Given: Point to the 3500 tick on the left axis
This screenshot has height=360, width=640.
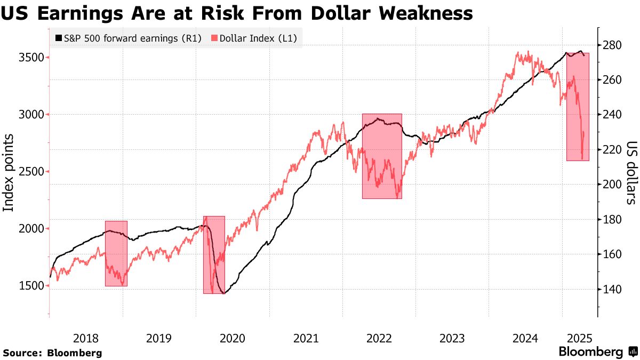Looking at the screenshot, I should (x=31, y=58).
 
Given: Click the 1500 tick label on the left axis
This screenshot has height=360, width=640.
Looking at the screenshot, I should (x=31, y=286).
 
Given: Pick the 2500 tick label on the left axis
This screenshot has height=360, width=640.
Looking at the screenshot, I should (x=31, y=172).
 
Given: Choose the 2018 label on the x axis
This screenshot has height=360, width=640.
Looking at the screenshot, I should (x=85, y=338).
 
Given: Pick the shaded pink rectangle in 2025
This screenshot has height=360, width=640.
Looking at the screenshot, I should (x=578, y=107).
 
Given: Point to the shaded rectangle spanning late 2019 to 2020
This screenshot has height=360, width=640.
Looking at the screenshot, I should (x=214, y=254).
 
